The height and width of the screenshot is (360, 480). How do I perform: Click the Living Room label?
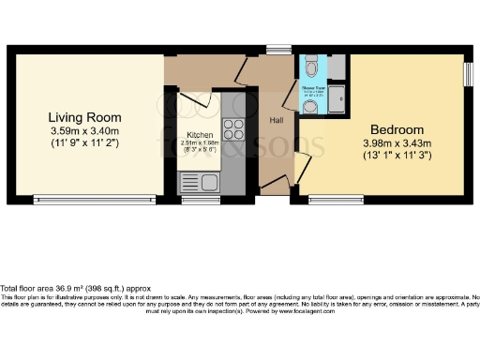tap(85, 117)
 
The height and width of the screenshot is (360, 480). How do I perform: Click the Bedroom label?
tap(397, 129)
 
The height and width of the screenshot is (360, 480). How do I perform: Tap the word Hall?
tap(277, 121)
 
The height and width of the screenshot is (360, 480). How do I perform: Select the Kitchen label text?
tap(200, 135)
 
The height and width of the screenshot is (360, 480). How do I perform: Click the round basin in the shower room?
tap(311, 106)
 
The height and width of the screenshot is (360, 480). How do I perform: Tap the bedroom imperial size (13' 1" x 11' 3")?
tap(397, 156)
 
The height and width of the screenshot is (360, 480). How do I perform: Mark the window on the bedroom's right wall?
tap(469, 74)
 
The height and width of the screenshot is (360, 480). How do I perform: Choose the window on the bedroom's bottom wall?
tap(337, 199)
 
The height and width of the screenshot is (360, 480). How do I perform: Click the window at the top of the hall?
tap(278, 50)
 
